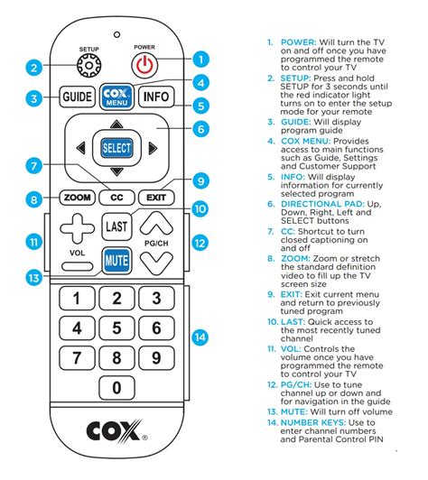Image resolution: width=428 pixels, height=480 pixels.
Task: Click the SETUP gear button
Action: (x=88, y=66)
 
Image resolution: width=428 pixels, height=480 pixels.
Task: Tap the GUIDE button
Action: (x=78, y=97)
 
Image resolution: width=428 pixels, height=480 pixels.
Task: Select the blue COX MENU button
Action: (x=116, y=97)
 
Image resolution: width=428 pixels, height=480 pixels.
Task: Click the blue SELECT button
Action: (x=116, y=148)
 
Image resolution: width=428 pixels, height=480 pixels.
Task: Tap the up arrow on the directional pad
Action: (x=116, y=124)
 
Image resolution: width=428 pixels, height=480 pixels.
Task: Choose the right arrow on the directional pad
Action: (x=153, y=148)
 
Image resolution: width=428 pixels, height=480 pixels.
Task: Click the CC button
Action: (x=116, y=198)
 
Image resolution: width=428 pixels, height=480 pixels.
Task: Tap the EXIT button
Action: (x=156, y=198)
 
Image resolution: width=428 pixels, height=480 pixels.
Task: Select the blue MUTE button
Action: (x=116, y=261)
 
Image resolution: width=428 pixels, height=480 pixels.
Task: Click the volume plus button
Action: (x=78, y=228)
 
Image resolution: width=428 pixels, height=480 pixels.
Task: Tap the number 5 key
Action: (x=116, y=328)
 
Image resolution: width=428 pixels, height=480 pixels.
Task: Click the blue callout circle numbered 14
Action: (x=200, y=337)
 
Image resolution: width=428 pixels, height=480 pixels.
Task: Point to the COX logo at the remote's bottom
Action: (x=116, y=430)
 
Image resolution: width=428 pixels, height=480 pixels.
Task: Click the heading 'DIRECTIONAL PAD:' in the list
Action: (x=323, y=204)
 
